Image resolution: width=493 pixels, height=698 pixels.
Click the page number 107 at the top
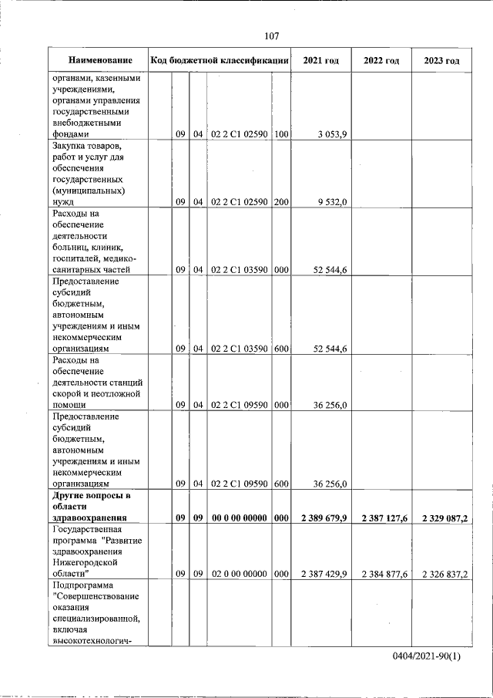point(271,36)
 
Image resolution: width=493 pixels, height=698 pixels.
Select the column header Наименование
point(99,60)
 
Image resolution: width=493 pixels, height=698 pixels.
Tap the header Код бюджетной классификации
point(220,60)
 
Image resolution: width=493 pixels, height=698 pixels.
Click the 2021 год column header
point(320,60)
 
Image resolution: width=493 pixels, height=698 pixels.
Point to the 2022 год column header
point(381,60)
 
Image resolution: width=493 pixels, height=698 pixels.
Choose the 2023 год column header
point(441,60)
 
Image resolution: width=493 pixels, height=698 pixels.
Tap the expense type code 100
point(281,134)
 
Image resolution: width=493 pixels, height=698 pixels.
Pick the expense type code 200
point(281,202)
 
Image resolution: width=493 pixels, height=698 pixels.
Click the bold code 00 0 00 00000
point(239,518)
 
